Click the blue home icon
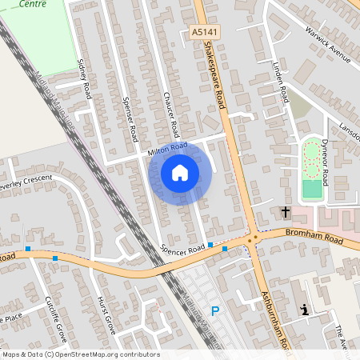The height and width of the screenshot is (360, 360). click(x=180, y=172)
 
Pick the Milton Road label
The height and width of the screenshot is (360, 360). click(x=167, y=149)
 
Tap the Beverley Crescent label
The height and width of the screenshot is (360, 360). click(x=26, y=181)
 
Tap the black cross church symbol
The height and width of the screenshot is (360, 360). click(x=286, y=212)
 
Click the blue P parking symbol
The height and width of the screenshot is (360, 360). click(x=214, y=311)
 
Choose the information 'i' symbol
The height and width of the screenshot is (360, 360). click(x=303, y=310)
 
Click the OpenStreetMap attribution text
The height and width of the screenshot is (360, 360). click(x=80, y=354)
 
